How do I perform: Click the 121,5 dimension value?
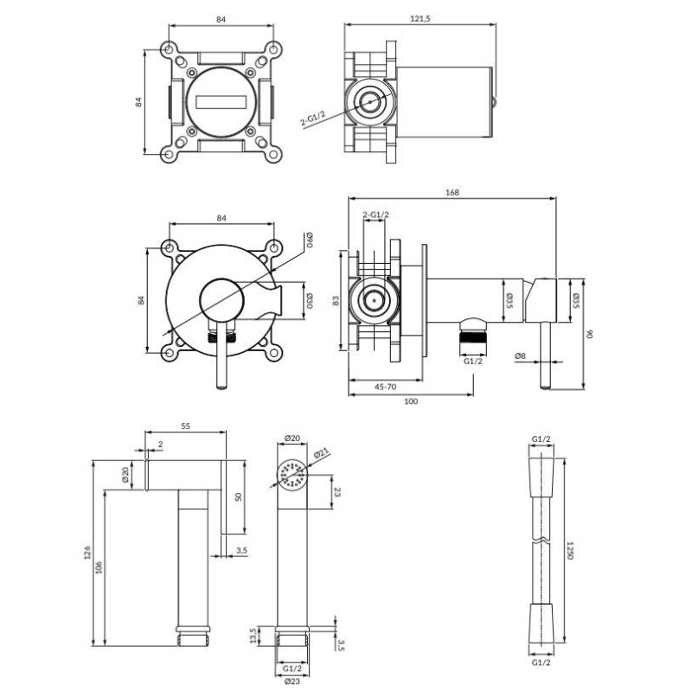(420, 18)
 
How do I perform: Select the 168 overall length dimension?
(452, 192)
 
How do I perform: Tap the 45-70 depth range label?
(385, 387)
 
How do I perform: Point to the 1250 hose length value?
(570, 550)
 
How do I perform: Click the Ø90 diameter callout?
(310, 240)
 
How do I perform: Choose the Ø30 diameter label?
(310, 300)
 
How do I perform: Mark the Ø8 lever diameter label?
(521, 356)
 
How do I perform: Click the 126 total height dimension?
(87, 553)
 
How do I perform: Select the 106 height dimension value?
(99, 567)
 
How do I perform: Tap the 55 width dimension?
(185, 426)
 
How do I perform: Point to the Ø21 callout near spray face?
(321, 453)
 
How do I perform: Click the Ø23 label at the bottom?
(292, 681)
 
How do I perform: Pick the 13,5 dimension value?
(253, 636)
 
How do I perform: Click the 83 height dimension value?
(336, 300)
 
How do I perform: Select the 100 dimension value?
(410, 401)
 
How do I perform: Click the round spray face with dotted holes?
(292, 474)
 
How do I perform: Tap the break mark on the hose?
(541, 540)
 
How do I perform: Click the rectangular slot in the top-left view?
(221, 102)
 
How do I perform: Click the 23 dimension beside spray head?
(336, 491)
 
